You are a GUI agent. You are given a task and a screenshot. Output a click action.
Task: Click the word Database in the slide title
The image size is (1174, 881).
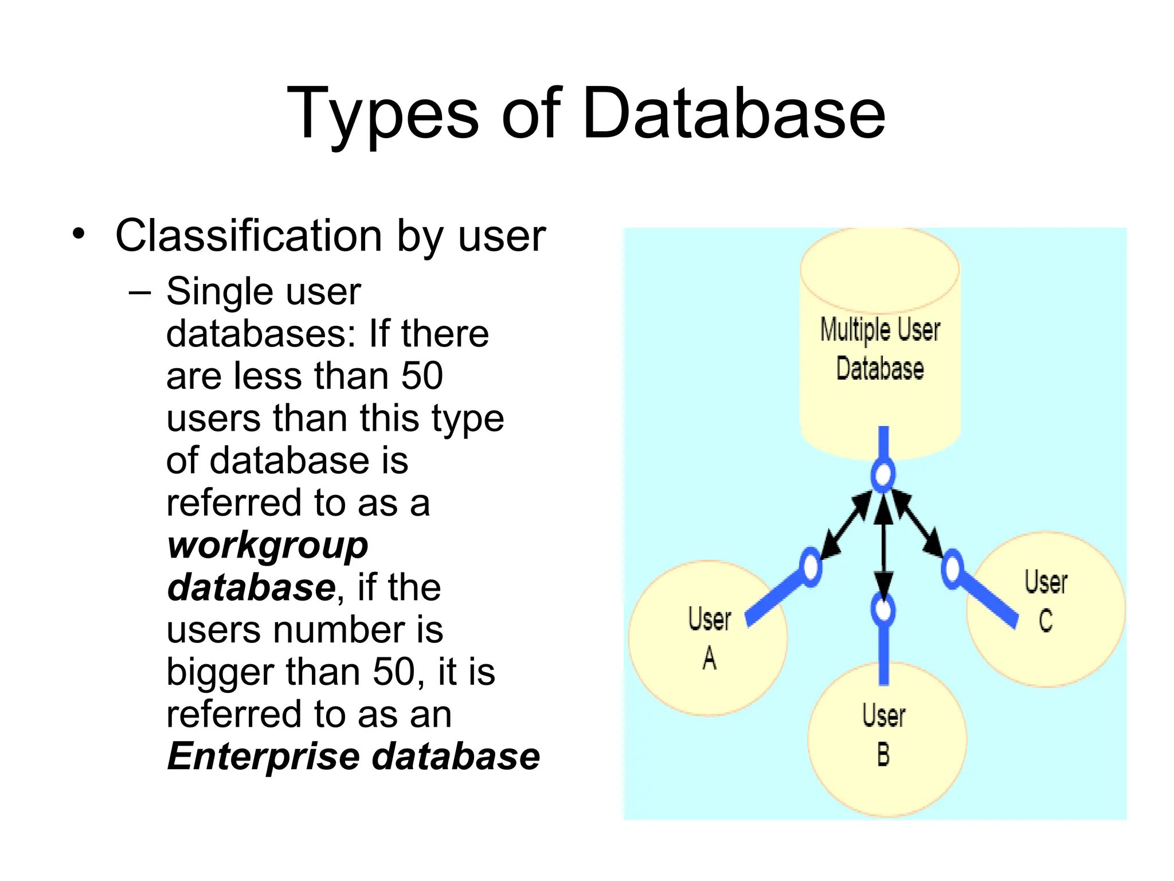click(x=734, y=114)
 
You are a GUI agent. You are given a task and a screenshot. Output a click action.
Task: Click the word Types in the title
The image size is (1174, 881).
click(x=382, y=114)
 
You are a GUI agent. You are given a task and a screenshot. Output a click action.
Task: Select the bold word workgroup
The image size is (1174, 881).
click(x=268, y=545)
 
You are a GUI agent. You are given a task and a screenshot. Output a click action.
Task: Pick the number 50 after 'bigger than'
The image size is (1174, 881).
click(x=394, y=672)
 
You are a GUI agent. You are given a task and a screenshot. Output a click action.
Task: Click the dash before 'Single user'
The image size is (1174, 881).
click(x=140, y=293)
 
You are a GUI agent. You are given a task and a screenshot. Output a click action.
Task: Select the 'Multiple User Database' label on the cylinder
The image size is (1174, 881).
click(x=880, y=349)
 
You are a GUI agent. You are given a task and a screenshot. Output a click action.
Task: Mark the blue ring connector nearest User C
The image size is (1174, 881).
click(x=952, y=569)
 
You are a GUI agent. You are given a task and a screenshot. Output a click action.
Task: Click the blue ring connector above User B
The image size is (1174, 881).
click(x=883, y=610)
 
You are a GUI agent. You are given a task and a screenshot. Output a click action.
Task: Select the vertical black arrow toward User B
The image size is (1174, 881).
click(x=883, y=545)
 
